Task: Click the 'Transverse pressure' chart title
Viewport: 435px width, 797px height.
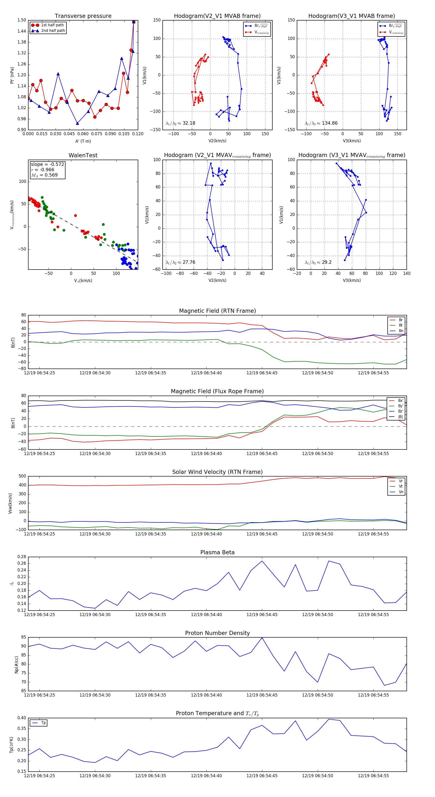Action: pos(83,16)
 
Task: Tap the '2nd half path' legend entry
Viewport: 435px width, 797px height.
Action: pos(53,31)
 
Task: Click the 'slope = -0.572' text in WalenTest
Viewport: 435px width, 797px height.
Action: pos(47,164)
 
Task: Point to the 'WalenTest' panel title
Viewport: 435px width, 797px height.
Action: pos(83,155)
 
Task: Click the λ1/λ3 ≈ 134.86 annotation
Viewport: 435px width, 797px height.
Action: pos(321,123)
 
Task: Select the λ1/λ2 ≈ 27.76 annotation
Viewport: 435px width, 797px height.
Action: pos(180,262)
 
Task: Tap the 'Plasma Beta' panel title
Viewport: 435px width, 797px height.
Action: pos(217,552)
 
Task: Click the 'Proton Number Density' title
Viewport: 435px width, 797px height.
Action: pos(217,633)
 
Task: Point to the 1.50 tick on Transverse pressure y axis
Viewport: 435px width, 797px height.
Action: pos(22,20)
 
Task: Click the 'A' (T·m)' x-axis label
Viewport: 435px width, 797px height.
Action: pos(83,141)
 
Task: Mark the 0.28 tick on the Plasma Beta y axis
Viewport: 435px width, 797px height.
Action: pos(22,557)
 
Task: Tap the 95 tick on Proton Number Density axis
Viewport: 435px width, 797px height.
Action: pos(23,637)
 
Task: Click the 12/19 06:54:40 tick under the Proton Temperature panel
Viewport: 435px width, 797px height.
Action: pos(206,776)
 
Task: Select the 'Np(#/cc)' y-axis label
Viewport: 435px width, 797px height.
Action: pos(17,665)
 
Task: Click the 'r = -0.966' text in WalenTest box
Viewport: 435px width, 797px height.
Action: pos(43,170)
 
